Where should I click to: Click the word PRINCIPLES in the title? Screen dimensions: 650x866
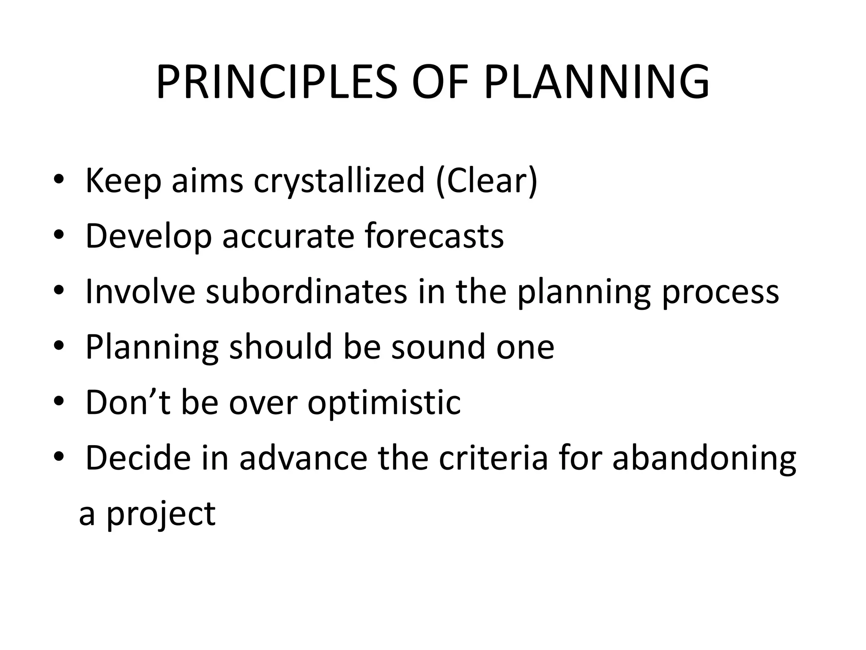click(x=277, y=82)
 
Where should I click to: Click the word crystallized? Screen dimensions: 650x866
click(x=339, y=181)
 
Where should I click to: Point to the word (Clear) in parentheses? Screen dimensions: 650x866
click(x=486, y=181)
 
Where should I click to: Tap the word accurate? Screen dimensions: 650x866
click(x=288, y=237)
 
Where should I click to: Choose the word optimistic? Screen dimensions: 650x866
click(x=384, y=403)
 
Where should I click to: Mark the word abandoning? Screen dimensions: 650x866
click(x=704, y=458)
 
